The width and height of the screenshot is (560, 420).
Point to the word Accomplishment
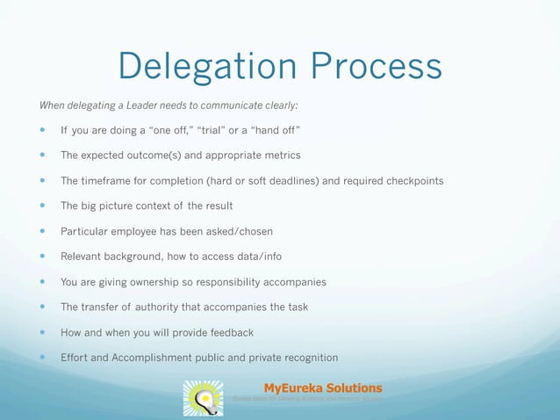[x=162, y=358]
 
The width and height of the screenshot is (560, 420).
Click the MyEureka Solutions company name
[x=322, y=387]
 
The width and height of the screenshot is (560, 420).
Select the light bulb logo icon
[x=203, y=398]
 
